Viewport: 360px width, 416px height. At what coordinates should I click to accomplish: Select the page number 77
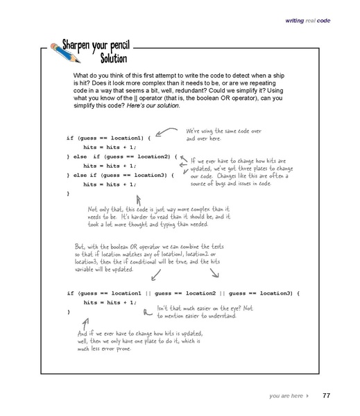tap(327, 396)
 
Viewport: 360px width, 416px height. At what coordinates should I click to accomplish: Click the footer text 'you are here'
tap(286, 396)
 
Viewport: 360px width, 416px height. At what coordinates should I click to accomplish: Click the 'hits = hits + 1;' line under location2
tap(108, 166)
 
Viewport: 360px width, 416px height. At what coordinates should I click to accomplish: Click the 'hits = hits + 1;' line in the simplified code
tap(108, 303)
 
